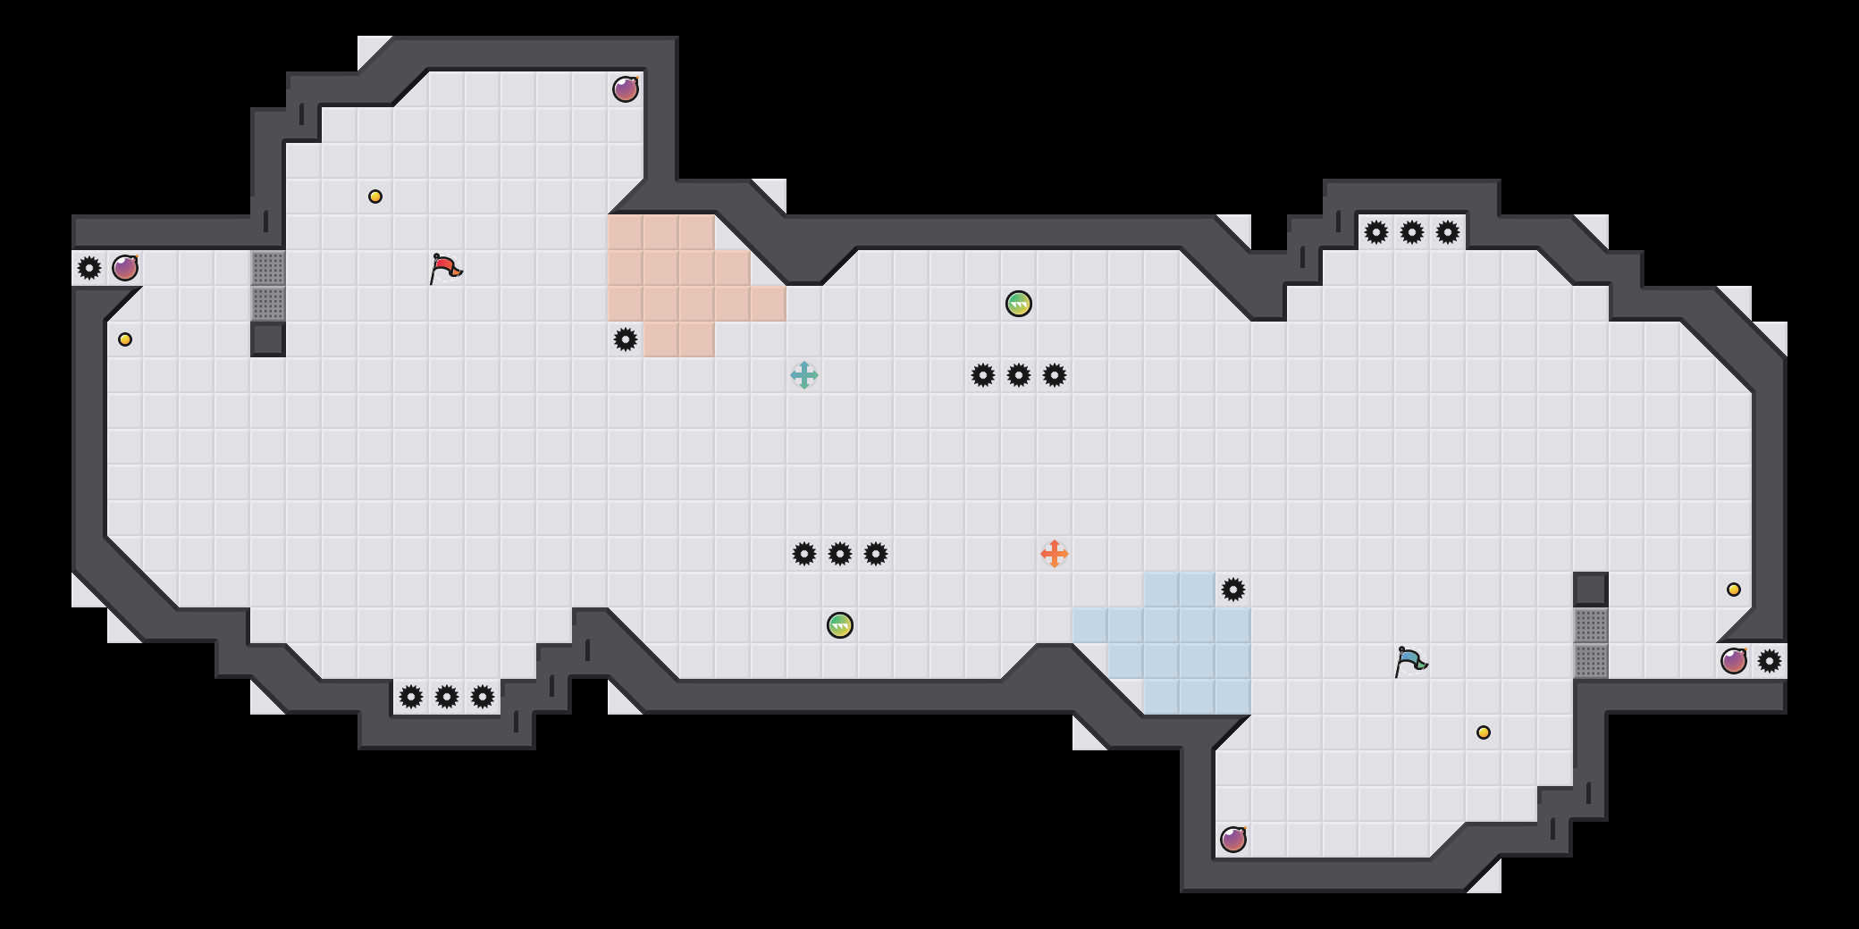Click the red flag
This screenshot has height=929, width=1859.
pyautogui.click(x=444, y=268)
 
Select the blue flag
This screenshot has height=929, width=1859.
pyautogui.click(x=1409, y=661)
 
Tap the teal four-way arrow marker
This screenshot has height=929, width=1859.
pyautogui.click(x=804, y=375)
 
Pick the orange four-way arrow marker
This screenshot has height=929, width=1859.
pyautogui.click(x=1055, y=554)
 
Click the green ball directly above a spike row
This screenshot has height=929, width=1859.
pyautogui.click(x=1019, y=304)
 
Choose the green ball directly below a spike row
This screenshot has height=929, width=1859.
pyautogui.click(x=840, y=625)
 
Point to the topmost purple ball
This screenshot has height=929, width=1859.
pyautogui.click(x=626, y=89)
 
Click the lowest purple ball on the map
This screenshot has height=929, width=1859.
pyautogui.click(x=1233, y=840)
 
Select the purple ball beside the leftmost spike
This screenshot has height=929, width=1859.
pyautogui.click(x=125, y=268)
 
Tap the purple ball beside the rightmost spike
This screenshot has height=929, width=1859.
pyautogui.click(x=1734, y=661)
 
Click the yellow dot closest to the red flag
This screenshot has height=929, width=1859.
pyautogui.click(x=375, y=197)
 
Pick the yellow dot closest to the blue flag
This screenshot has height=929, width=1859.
pyautogui.click(x=1484, y=732)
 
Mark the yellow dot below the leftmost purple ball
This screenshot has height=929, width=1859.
pyautogui.click(x=125, y=339)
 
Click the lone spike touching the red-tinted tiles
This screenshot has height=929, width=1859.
pyautogui.click(x=626, y=339)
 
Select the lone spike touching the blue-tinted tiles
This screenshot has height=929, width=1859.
pyautogui.click(x=1233, y=590)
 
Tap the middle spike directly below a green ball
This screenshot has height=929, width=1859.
pyautogui.click(x=1019, y=375)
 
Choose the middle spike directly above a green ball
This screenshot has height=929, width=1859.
pyautogui.click(x=840, y=554)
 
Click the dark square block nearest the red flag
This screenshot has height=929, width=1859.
pyautogui.click(x=268, y=339)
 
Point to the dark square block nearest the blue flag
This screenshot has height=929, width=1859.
pyautogui.click(x=1591, y=590)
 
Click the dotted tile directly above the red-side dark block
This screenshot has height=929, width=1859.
pyautogui.click(x=268, y=304)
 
